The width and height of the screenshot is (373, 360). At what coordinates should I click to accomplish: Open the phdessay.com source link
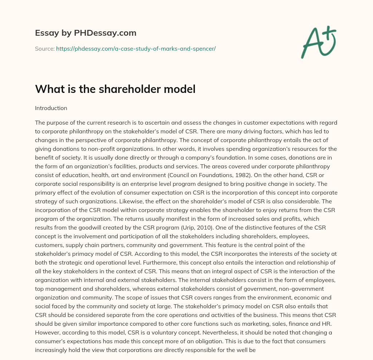(x=136, y=48)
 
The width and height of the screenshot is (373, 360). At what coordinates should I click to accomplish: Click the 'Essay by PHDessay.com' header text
(x=86, y=33)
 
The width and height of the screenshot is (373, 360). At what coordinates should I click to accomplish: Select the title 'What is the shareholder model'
(x=115, y=89)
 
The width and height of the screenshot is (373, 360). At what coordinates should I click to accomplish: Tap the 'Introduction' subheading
(x=51, y=108)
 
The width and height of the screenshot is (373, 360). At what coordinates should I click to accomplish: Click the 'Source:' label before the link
(x=45, y=48)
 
